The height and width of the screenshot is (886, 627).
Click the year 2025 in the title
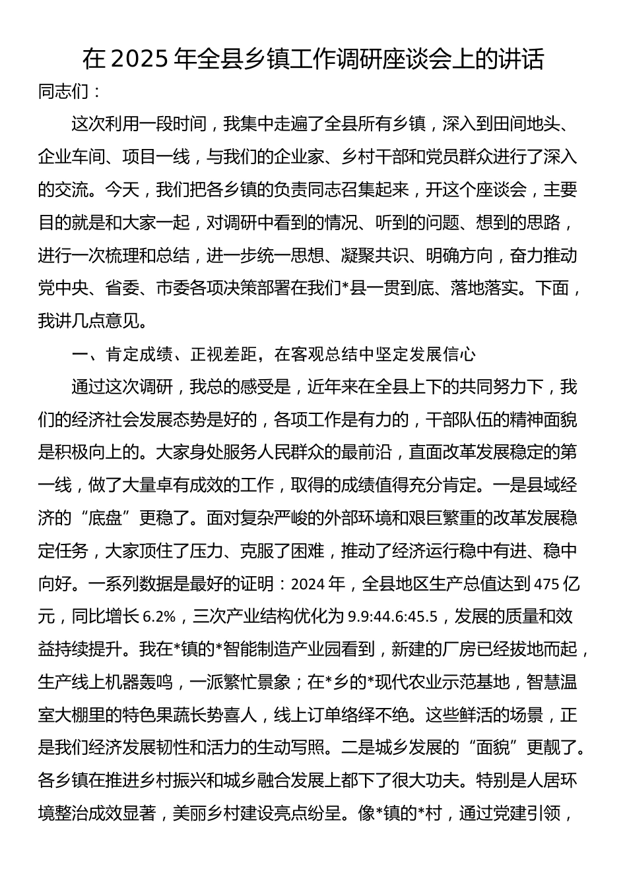(138, 59)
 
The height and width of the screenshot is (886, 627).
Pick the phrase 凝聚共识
(375, 256)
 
